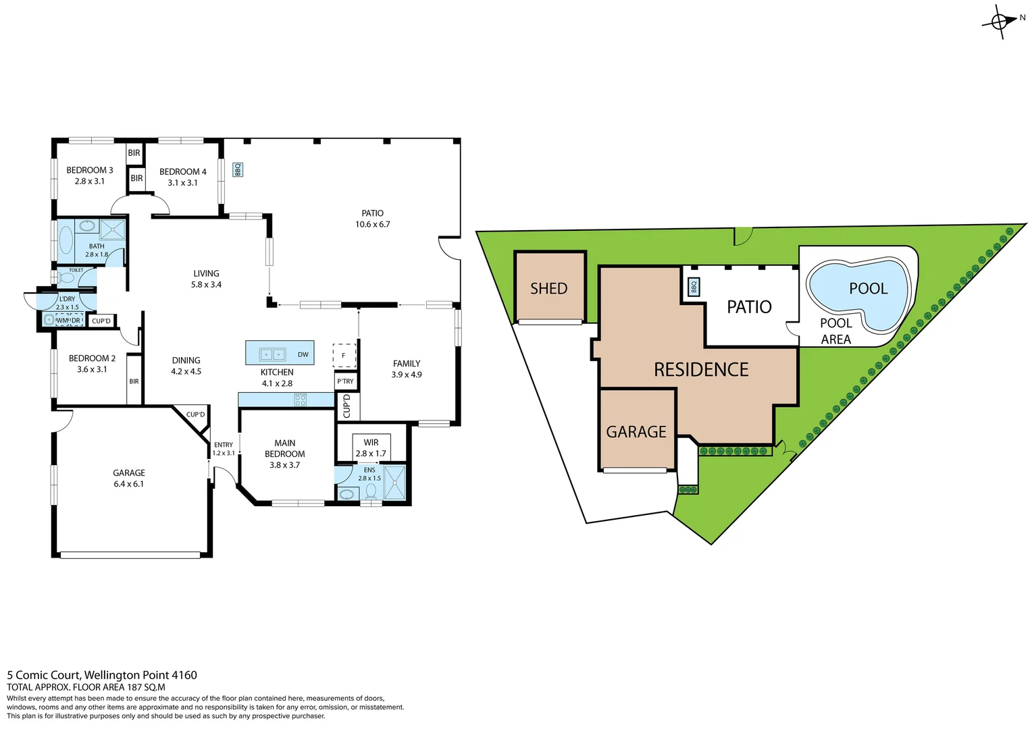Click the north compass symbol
(x=1000, y=22)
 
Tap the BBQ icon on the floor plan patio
(x=238, y=169)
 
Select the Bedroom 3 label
(x=90, y=170)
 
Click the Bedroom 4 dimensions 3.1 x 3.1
(x=183, y=183)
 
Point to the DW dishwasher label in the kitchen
(x=303, y=354)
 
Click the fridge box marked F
(x=344, y=355)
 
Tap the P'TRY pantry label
(x=345, y=381)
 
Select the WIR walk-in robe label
(x=371, y=443)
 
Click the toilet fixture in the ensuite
(x=371, y=491)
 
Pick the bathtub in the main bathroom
(x=66, y=240)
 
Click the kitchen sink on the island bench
(x=273, y=354)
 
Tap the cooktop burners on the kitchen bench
(x=301, y=400)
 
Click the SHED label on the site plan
(x=548, y=289)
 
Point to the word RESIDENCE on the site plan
(x=701, y=370)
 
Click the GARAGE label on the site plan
(x=636, y=432)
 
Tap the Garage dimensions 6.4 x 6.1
(x=129, y=484)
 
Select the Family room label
(x=407, y=364)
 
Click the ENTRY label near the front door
(x=224, y=445)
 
